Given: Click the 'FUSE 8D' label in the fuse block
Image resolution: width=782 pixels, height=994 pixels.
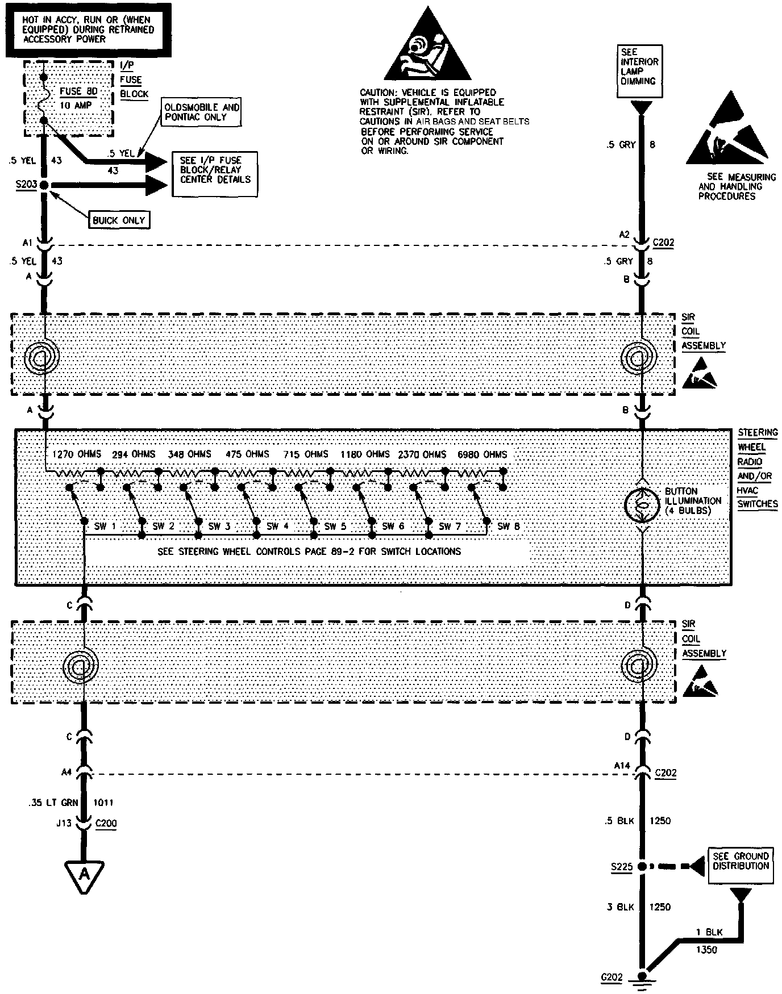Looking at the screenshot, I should [x=78, y=91].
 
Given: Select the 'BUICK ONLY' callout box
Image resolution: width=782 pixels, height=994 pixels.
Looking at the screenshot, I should [x=119, y=220].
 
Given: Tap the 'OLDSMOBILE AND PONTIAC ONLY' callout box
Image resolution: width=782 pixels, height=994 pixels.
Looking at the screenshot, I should [x=202, y=112].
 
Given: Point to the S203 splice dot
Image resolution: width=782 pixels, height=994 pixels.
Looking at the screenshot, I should [x=44, y=185].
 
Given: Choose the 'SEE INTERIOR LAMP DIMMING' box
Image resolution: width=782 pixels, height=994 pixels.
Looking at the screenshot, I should [x=639, y=72].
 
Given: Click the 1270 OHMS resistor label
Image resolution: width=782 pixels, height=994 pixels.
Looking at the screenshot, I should [x=76, y=454].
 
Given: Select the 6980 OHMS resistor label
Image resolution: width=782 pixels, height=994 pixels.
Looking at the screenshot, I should [x=482, y=454].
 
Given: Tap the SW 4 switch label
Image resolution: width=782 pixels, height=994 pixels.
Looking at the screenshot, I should [x=278, y=527].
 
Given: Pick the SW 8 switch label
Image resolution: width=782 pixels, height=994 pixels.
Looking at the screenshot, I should [x=508, y=527].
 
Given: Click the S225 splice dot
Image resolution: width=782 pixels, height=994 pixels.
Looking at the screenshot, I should [x=642, y=867].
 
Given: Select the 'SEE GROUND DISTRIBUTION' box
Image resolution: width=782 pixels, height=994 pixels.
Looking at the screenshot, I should [x=741, y=866].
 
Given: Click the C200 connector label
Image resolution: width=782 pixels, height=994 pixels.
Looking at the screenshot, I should [x=106, y=823].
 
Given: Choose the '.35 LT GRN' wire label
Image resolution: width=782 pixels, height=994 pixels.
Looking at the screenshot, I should [x=52, y=803].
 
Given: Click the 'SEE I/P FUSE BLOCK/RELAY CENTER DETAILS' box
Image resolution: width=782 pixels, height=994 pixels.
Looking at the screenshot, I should [x=215, y=174].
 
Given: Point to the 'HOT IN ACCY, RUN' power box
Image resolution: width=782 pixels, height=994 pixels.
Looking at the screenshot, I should [x=88, y=30].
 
